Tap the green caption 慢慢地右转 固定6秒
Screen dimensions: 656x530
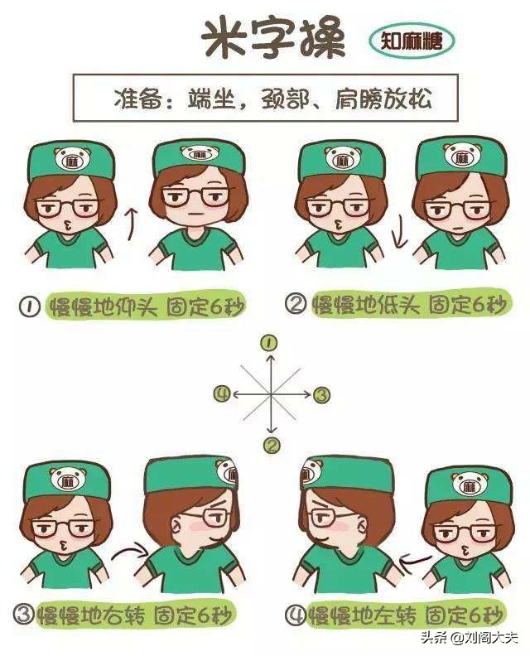137,615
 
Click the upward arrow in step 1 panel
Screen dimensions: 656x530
128,224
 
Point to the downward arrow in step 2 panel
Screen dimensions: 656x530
399,234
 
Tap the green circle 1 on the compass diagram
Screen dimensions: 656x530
269,342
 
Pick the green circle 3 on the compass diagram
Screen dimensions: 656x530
322,394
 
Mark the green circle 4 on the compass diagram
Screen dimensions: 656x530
220,393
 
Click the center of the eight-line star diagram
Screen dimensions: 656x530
271,394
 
